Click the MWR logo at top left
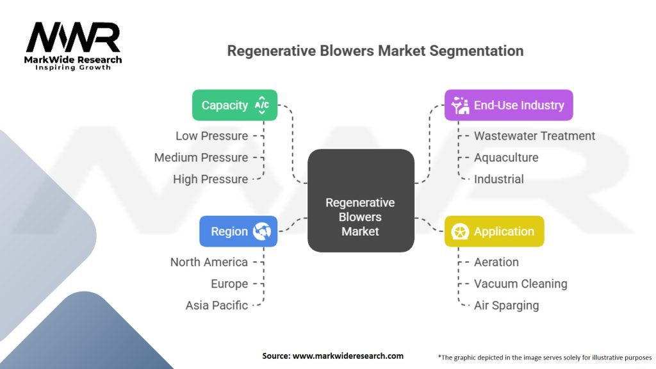(x=73, y=45)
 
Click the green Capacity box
(x=234, y=105)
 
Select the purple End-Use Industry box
(x=508, y=105)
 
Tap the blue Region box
(x=238, y=231)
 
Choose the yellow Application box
(x=494, y=231)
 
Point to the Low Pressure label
(x=211, y=136)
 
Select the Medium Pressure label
(x=201, y=158)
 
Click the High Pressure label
(x=210, y=179)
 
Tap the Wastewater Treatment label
(x=534, y=136)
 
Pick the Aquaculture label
(x=506, y=158)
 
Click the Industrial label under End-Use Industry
(x=498, y=179)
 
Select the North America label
(x=209, y=262)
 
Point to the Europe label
(x=229, y=284)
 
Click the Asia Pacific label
(x=217, y=306)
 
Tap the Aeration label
(x=496, y=262)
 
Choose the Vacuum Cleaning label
(x=520, y=284)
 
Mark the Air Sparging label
(x=506, y=306)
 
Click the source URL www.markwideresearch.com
(x=348, y=356)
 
